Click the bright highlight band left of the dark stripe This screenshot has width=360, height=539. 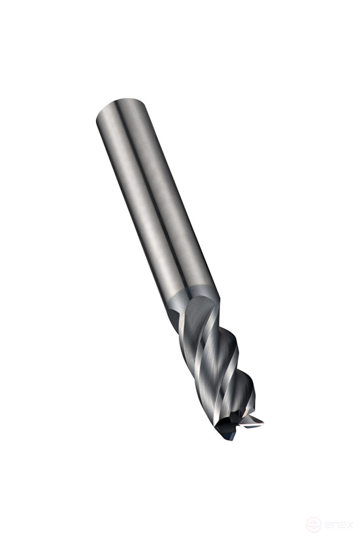point(136,199)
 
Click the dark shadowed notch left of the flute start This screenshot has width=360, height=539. point(175,317)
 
